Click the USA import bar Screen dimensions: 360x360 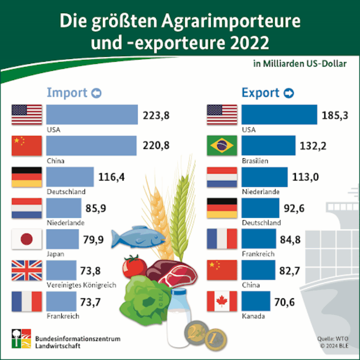click(x=92, y=115)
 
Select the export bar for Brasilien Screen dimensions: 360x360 click(x=268, y=146)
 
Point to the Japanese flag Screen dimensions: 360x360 click(x=27, y=239)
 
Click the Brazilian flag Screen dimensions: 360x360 click(x=221, y=146)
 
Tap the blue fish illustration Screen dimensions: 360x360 click(x=137, y=236)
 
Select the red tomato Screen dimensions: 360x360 click(x=134, y=266)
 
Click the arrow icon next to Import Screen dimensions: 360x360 click(x=96, y=93)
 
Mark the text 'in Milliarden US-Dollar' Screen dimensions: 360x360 click(x=300, y=64)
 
